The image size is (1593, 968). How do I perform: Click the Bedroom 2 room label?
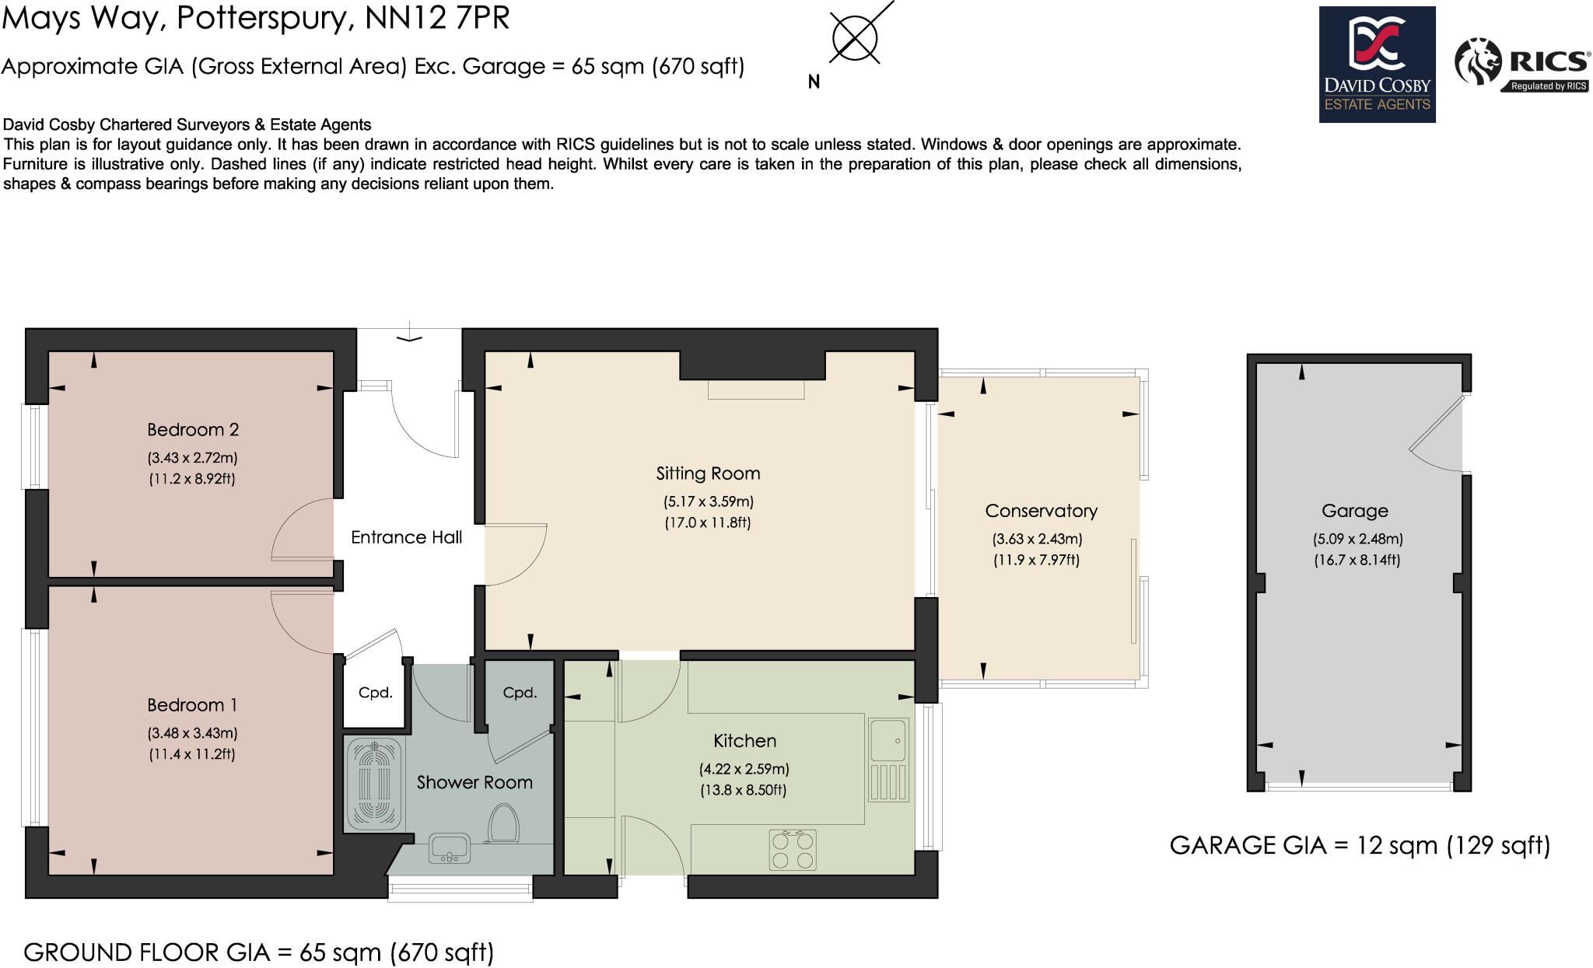(x=193, y=429)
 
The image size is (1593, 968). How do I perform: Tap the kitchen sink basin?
(x=888, y=740)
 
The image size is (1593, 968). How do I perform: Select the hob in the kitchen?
(x=793, y=850)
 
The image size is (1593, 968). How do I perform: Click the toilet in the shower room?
(x=503, y=823)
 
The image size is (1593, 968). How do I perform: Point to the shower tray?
(x=374, y=782)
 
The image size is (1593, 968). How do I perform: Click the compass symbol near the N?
(x=854, y=37)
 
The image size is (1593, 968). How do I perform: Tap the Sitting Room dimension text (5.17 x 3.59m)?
(x=708, y=501)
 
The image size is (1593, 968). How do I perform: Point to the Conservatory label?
(x=1041, y=511)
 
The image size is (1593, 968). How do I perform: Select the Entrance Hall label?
(x=406, y=537)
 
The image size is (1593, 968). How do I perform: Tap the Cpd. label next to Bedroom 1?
(x=375, y=693)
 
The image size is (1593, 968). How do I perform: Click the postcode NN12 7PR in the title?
(x=437, y=17)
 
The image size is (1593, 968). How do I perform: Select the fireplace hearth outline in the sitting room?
(x=755, y=390)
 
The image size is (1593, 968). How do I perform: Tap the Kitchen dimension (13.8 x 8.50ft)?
(x=744, y=791)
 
